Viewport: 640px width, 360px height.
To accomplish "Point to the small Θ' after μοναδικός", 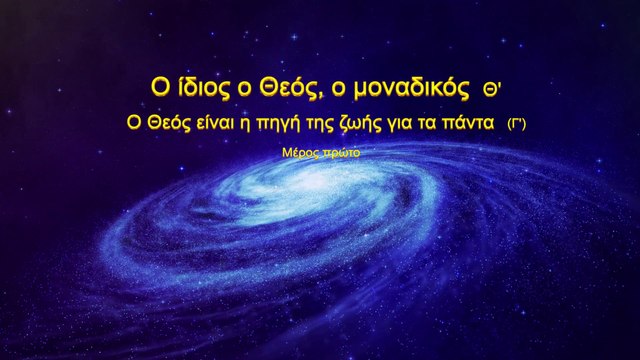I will pyautogui.click(x=491, y=90).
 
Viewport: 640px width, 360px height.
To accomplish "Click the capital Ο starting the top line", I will pyautogui.click(x=146, y=89).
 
